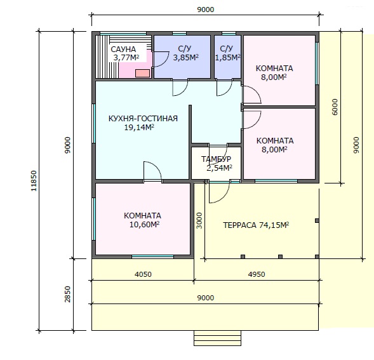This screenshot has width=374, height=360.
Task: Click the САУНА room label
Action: tap(123, 50)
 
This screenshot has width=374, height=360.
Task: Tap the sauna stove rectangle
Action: tap(142, 73)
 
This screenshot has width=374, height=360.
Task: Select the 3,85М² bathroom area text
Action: tap(186, 58)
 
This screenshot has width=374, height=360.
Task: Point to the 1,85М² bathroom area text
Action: tap(227, 58)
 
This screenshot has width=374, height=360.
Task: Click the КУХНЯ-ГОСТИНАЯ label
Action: tap(143, 119)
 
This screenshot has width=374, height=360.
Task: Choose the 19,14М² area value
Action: tap(139, 128)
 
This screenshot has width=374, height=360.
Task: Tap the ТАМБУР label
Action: tap(216, 159)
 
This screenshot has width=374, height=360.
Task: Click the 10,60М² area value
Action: tap(144, 225)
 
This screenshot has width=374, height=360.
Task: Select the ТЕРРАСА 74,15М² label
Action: tap(256, 225)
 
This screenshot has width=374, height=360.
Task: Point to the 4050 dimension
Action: tap(143, 274)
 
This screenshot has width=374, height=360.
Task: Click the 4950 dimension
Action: tap(257, 274)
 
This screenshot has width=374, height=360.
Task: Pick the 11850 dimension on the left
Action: tap(34, 181)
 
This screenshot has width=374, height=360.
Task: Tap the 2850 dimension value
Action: tap(68, 294)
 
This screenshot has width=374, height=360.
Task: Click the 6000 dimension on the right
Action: tap(335, 107)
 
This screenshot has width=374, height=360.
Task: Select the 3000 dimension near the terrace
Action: tap(199, 221)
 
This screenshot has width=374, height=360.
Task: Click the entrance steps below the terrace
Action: tap(217, 338)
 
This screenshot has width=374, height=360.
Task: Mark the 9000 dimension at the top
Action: tap(206, 10)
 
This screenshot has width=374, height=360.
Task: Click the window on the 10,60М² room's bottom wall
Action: tap(152, 257)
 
